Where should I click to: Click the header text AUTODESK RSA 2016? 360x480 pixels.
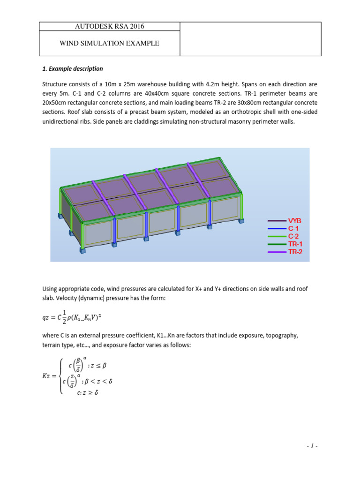[x=108, y=27]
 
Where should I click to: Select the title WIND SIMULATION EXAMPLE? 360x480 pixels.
[x=109, y=44]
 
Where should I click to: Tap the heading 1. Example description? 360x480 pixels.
[x=72, y=69]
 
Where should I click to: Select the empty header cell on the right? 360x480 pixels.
[x=250, y=39]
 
